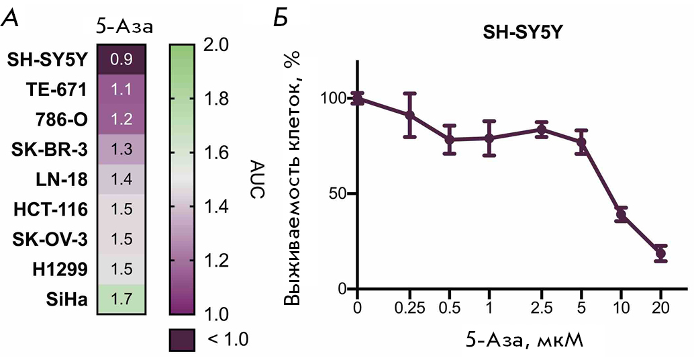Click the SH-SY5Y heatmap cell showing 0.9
point(121,59)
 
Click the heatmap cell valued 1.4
point(121,179)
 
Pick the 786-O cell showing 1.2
point(121,120)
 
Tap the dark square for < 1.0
point(182,339)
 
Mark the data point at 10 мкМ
point(621,215)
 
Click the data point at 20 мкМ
point(660,253)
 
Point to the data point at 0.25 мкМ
point(409,115)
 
